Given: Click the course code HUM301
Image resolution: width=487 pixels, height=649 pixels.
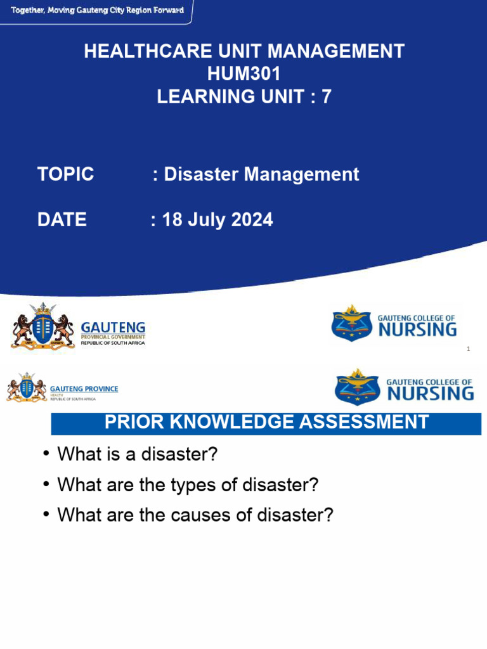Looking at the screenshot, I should tap(243, 74).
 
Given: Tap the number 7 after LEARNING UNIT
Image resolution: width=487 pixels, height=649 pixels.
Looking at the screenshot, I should tap(325, 96).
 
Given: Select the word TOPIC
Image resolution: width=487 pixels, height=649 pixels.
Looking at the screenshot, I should tap(65, 174).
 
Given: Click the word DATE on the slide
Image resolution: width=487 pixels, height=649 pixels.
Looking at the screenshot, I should tap(62, 220).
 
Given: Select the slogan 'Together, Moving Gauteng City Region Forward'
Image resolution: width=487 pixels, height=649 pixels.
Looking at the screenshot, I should tap(97, 11).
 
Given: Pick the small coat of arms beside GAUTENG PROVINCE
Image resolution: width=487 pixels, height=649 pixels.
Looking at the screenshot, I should tap(27, 387).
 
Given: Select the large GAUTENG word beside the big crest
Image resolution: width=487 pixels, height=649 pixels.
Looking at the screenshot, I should tap(113, 327).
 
